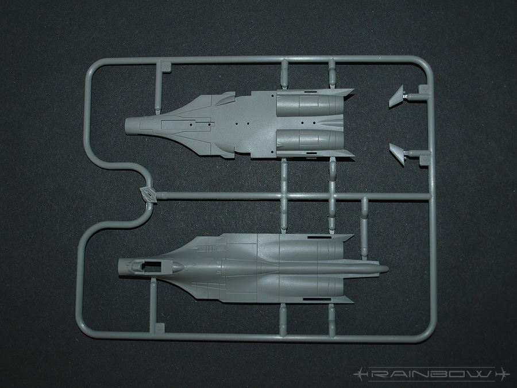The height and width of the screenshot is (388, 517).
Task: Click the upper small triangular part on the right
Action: point(397,98)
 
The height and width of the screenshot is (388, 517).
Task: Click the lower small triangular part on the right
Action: point(397,152)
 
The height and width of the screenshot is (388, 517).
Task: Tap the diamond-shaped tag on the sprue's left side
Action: point(148,194)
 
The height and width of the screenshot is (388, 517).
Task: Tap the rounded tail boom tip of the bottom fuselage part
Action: point(384,268)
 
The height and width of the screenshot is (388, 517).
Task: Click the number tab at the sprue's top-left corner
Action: point(165,67)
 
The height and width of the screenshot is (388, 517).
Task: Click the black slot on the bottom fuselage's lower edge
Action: point(314,299)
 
